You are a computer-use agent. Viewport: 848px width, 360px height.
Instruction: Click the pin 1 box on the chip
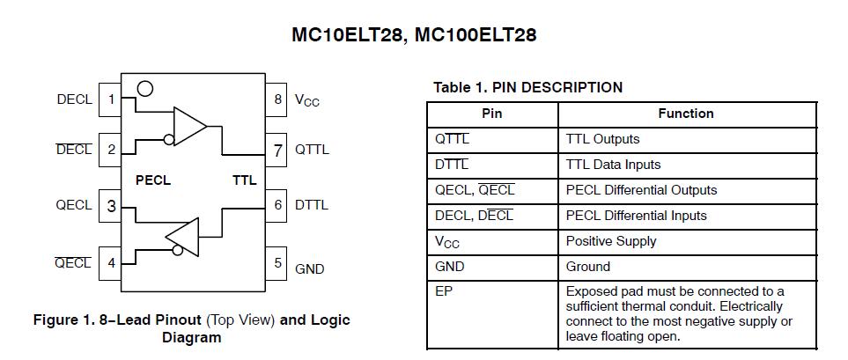point(111,99)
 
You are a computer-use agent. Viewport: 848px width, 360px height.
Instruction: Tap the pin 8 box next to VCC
point(278,99)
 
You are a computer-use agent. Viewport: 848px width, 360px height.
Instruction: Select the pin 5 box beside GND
point(278,262)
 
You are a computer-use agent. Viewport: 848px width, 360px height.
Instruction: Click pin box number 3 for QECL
point(111,206)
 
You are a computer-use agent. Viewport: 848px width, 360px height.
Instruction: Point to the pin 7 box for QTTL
point(278,150)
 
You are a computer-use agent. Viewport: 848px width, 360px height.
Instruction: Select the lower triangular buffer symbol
point(182,237)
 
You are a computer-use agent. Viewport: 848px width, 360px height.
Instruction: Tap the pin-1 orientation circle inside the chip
point(145,89)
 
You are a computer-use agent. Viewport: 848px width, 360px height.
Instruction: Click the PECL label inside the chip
point(153,180)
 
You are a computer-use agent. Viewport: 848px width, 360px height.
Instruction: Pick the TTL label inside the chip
point(244,180)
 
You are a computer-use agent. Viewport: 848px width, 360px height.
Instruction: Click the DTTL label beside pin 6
point(312,205)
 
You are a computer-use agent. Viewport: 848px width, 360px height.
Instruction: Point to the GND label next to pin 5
point(310,268)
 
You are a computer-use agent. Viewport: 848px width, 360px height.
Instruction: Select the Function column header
point(686,114)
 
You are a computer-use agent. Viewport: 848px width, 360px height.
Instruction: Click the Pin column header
point(491,114)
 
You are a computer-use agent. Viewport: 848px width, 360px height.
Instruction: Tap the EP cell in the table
point(444,291)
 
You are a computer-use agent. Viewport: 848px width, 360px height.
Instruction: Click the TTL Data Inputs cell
point(613,165)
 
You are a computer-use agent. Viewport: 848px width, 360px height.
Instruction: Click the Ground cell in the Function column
point(588,267)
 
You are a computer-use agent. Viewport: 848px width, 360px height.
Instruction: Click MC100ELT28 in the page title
point(476,35)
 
